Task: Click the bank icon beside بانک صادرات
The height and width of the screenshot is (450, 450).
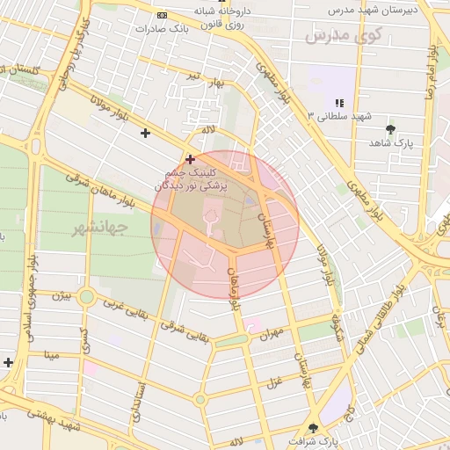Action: (161, 16)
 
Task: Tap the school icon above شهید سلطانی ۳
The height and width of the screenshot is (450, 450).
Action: (339, 103)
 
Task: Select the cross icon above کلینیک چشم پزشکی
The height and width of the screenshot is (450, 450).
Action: (190, 159)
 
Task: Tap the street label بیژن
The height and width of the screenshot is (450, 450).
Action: (60, 296)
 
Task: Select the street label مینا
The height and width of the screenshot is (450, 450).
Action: (51, 355)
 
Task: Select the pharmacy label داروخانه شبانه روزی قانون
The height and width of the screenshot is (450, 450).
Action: (222, 18)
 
